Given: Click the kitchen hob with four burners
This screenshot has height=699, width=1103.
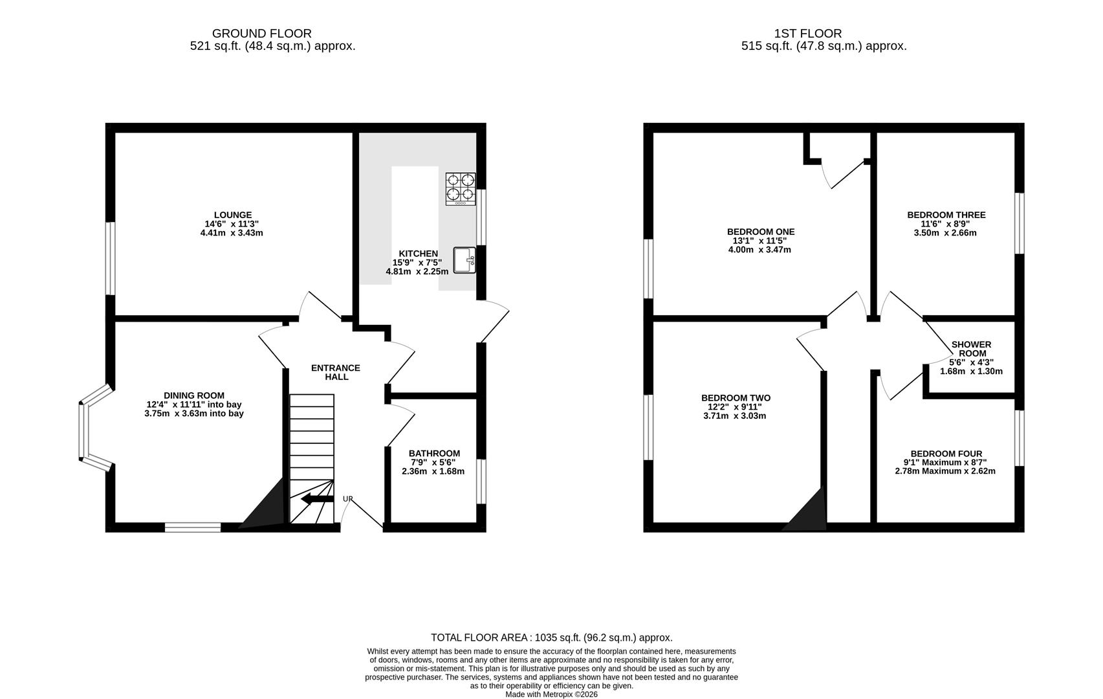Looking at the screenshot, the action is pos(461,189).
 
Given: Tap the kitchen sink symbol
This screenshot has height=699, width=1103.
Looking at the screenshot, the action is pos(464,260).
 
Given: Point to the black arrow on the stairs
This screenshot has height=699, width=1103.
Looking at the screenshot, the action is pos(317,499).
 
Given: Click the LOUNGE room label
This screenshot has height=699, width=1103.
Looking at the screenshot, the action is pos(233,215).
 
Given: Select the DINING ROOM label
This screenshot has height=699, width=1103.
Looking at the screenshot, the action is pos(194,395).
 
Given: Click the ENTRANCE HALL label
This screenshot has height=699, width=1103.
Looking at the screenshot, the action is pos(336,372).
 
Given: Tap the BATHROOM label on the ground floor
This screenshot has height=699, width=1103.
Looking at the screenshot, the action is pos(434,453).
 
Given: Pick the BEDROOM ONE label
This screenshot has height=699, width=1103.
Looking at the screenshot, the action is pos(761,232).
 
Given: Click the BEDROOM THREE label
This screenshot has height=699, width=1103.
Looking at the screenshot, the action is pos(946,215).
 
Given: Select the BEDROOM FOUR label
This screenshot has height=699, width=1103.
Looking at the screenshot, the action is pos(946,454).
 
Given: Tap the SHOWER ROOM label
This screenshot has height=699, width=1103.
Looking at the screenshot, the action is pos(972,349).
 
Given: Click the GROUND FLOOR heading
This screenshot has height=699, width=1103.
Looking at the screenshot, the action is pos(262,34).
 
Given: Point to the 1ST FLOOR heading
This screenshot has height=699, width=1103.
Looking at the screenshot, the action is pos(808,34).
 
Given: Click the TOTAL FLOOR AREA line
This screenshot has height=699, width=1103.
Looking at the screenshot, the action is pos(551,638).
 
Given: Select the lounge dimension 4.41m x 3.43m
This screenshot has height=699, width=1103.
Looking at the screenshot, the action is pos(232,232).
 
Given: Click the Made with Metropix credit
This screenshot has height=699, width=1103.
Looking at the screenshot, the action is pos(551,694).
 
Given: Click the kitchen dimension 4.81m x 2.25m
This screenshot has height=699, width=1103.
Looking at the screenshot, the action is pos(417,271).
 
